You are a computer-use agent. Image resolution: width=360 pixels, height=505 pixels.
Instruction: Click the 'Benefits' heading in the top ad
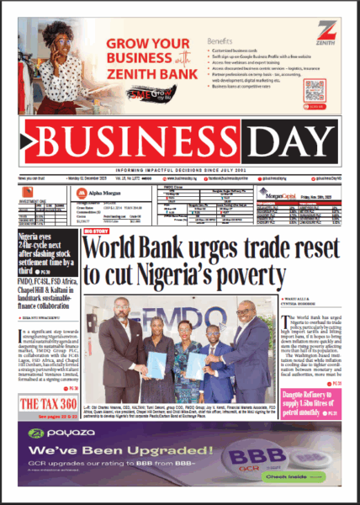tap(220, 40)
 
